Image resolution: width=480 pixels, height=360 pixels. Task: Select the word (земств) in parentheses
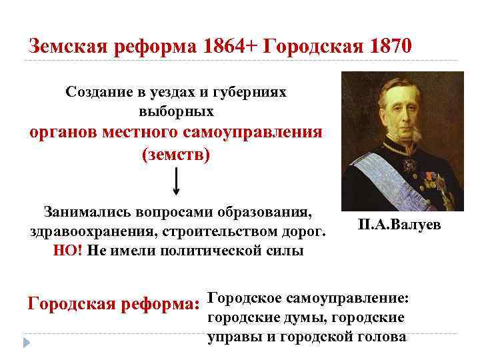(x=176, y=155)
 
